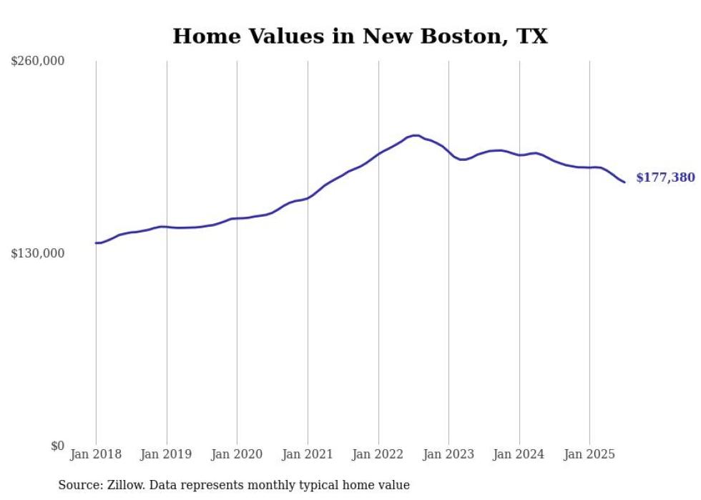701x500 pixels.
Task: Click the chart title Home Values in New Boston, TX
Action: (360, 36)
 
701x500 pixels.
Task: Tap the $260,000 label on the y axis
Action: (38, 62)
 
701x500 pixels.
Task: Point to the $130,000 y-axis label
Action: (38, 253)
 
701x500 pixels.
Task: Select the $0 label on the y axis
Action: (57, 446)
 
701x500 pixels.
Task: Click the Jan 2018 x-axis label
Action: (96, 454)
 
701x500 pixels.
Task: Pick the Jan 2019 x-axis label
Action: (167, 454)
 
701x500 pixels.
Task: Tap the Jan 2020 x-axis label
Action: (237, 454)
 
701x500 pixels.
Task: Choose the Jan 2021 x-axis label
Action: (308, 454)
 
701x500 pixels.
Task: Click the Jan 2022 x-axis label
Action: (378, 454)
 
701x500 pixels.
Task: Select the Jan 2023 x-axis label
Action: (448, 454)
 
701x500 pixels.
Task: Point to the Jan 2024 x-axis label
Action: (519, 454)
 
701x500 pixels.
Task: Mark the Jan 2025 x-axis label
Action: (589, 454)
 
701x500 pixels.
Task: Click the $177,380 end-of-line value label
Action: (665, 177)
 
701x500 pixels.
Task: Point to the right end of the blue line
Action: (624, 182)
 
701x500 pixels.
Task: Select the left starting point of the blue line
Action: (96, 243)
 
